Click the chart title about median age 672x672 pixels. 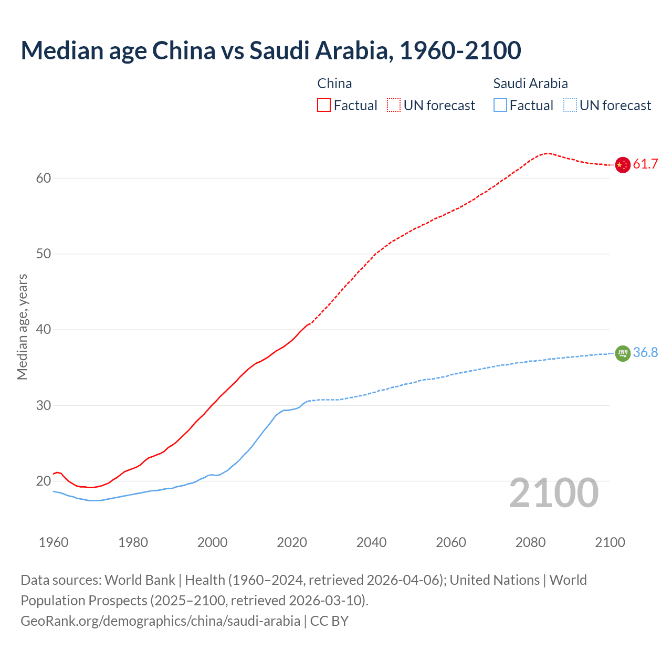270,50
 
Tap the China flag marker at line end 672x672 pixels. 622,165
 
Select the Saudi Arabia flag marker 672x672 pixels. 622,353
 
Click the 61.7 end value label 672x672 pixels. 645,164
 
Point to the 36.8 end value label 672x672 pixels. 645,353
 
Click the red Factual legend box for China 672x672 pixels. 324,106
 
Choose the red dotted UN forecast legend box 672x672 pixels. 394,106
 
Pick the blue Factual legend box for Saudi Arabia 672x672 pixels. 500,106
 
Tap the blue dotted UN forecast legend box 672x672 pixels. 570,106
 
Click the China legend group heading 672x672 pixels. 334,83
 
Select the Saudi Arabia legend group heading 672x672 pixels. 530,83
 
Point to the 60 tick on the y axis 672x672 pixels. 44,178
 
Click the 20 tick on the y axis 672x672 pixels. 44,481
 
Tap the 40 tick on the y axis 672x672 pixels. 44,330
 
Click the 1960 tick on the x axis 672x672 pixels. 54,542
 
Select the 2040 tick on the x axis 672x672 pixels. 371,542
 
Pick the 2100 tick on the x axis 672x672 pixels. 610,542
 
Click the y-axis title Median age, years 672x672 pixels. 22,327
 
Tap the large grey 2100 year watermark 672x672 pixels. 553,493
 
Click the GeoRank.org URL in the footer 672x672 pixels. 160,621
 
